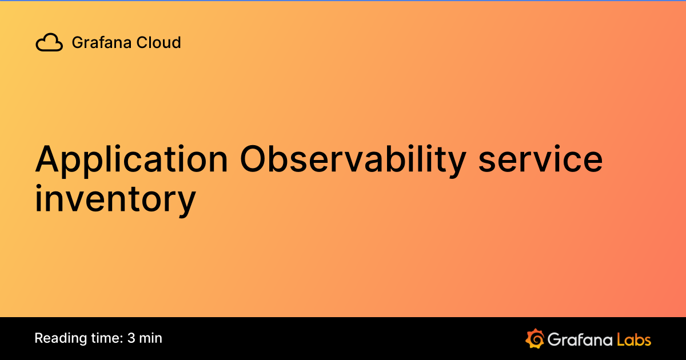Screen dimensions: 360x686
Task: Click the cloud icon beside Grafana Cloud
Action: pos(49,43)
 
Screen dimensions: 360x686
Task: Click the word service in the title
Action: pos(541,161)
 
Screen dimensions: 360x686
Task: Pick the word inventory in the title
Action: pos(115,199)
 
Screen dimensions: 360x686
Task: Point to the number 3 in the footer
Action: pos(131,338)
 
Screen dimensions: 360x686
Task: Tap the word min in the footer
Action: pos(151,338)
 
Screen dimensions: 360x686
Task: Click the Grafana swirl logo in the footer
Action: pos(535,338)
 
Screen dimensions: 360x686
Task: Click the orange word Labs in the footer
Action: pos(634,339)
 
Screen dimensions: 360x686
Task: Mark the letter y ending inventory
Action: pos(186,202)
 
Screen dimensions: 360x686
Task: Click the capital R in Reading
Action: pos(39,338)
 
